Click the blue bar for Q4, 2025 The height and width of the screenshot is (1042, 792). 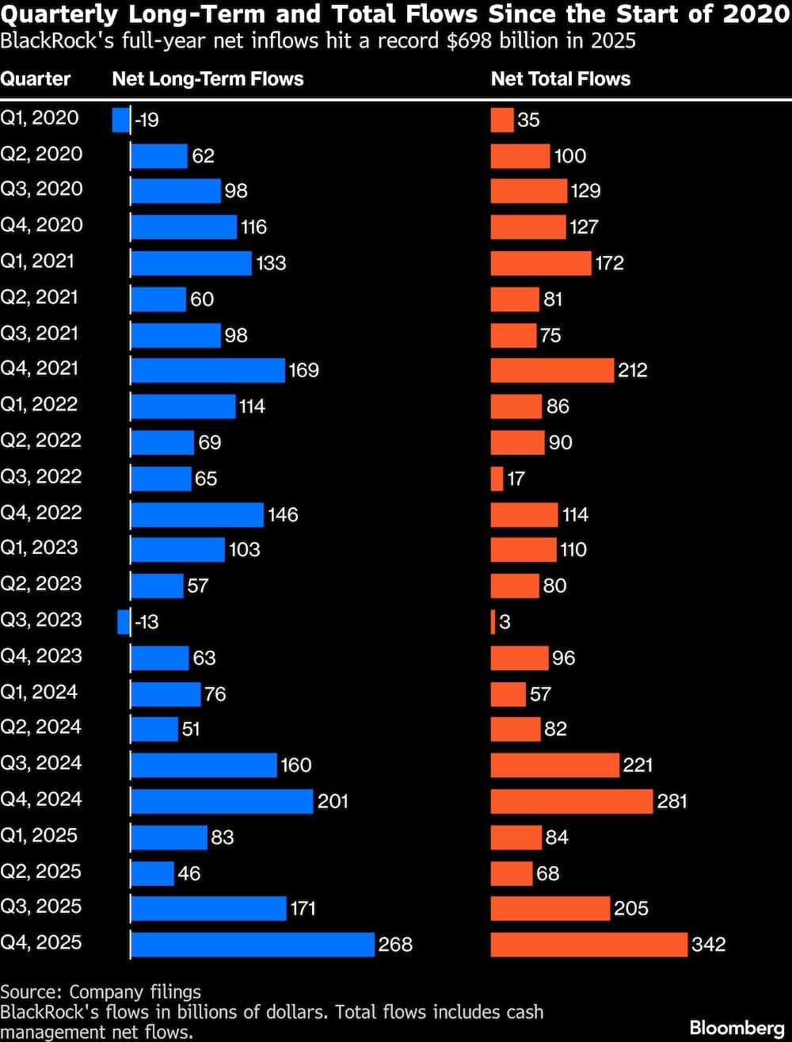click(252, 945)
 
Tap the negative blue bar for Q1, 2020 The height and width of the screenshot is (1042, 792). click(121, 120)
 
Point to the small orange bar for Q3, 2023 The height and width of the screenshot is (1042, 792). click(493, 622)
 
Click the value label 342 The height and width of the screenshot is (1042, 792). click(709, 945)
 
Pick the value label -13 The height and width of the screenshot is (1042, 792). click(147, 622)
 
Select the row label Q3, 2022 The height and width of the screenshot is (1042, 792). click(41, 477)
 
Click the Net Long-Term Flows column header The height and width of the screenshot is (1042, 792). click(208, 78)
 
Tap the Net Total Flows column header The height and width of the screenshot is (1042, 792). click(561, 78)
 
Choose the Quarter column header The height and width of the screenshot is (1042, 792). click(36, 78)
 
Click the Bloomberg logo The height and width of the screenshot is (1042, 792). click(737, 1028)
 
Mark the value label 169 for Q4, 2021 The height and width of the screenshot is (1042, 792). click(304, 370)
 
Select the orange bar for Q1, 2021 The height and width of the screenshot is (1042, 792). click(541, 263)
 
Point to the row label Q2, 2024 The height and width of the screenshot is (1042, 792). click(41, 727)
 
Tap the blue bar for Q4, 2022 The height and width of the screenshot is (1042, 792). click(196, 514)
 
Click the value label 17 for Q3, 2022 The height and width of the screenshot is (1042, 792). click(516, 479)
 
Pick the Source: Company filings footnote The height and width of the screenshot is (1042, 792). click(101, 992)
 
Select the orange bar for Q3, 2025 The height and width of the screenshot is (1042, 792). click(550, 908)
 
